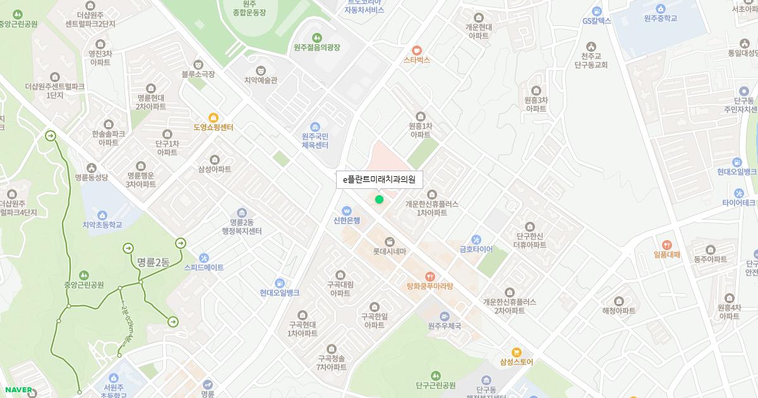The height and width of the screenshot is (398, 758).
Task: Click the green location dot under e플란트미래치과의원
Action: (x=379, y=200)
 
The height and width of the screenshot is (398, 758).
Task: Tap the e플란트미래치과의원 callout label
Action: (x=379, y=180)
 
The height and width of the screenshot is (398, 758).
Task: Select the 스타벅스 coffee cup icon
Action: (x=416, y=50)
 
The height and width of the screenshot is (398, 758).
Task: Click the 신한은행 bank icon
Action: (x=346, y=210)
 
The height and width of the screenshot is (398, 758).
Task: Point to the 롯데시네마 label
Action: (x=389, y=251)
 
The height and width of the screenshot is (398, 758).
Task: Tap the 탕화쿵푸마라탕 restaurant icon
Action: (x=430, y=276)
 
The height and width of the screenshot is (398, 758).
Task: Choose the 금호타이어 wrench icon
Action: (x=476, y=239)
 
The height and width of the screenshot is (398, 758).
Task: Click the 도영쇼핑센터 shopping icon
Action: (x=214, y=118)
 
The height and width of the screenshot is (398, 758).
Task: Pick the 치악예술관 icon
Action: (x=260, y=70)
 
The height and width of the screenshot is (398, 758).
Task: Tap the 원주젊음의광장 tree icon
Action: (x=316, y=37)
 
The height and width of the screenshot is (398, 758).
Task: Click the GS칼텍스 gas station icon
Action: (x=597, y=11)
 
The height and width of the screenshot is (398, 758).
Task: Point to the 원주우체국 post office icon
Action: (x=445, y=316)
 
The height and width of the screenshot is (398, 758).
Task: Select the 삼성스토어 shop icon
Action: (x=516, y=352)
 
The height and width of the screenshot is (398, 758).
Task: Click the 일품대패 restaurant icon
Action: (x=666, y=245)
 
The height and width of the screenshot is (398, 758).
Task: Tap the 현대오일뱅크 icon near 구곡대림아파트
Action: (x=279, y=282)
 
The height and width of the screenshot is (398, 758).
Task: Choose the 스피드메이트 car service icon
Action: (x=203, y=258)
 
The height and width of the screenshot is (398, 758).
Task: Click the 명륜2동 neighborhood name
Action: (x=153, y=262)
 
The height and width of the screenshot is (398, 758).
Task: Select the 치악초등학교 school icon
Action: (x=102, y=215)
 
